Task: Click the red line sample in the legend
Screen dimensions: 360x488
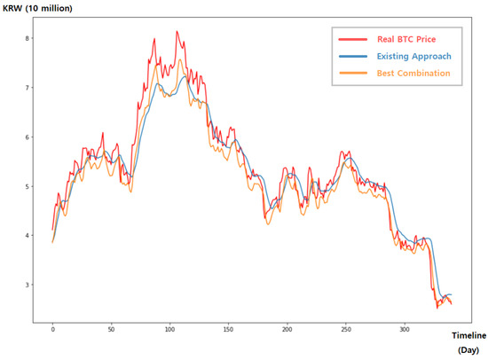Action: [x=352, y=40]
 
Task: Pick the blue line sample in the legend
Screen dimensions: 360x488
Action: [x=352, y=57]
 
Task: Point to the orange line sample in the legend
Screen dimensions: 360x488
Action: [x=352, y=74]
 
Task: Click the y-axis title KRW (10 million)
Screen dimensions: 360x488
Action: [x=36, y=8]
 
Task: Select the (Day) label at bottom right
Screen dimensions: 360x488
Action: [x=468, y=350]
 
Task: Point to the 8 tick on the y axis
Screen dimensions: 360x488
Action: [x=28, y=38]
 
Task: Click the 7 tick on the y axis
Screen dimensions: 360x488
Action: [x=28, y=88]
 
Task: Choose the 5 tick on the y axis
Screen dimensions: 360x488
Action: [x=28, y=186]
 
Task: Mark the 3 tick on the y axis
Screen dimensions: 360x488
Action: [x=28, y=285]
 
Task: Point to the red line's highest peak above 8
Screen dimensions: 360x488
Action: [x=177, y=32]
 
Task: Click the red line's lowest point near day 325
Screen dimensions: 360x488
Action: [x=436, y=307]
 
